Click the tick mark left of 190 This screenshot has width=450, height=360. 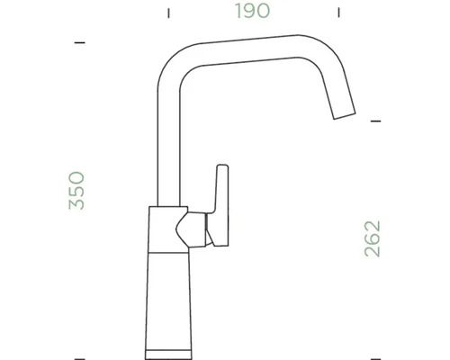click(x=168, y=13)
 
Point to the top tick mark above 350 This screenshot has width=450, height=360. click(x=79, y=42)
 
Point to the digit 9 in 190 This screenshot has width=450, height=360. click(x=254, y=13)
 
